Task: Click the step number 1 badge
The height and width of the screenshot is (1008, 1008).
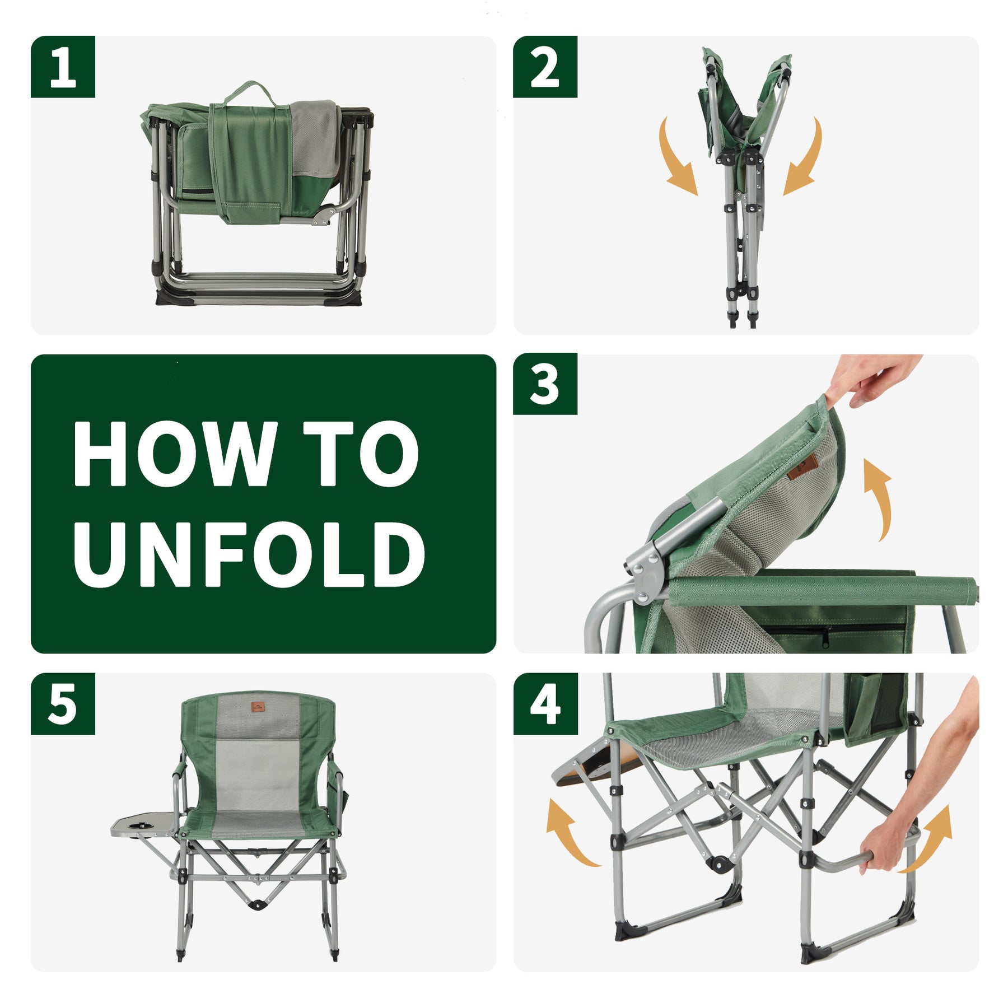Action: point(63,67)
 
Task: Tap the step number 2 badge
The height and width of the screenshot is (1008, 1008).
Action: point(545,67)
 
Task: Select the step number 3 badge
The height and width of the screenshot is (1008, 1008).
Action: point(545,384)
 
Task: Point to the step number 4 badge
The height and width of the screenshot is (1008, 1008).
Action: point(545,704)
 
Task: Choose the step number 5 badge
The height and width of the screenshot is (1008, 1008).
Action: point(63,704)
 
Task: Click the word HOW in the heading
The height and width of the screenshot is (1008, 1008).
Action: point(174,454)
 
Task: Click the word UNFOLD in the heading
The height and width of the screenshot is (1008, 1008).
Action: point(249,554)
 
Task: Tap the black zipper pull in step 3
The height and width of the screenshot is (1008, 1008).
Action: point(826,637)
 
